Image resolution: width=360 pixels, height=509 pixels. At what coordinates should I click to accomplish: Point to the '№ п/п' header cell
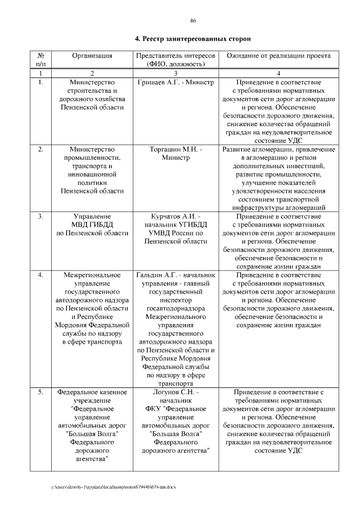pos(40,60)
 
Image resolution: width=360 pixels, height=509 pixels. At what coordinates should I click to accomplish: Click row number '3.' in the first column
pos(40,216)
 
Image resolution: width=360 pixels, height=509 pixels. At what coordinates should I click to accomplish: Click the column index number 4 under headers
pos(278,74)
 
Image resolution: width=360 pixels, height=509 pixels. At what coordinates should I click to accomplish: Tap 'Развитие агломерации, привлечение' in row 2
pos(278,149)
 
